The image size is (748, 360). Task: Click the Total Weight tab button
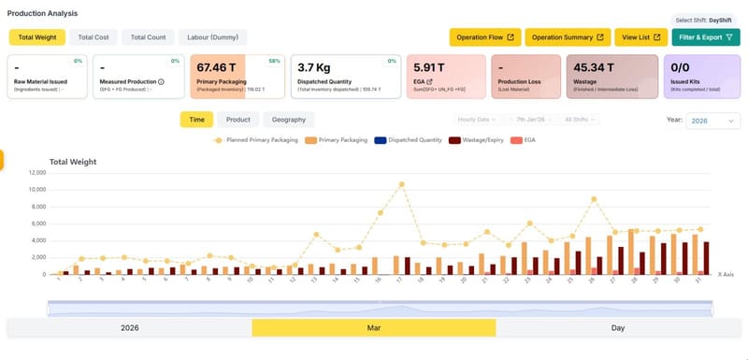(x=36, y=37)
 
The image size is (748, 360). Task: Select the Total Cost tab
(x=93, y=37)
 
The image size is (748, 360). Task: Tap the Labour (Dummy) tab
(x=212, y=37)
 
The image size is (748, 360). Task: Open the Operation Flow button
(x=484, y=37)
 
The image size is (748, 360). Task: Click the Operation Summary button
(x=568, y=37)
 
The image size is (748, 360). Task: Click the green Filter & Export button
(x=705, y=37)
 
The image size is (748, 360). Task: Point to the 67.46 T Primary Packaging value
(x=217, y=67)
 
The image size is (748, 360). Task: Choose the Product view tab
(x=238, y=120)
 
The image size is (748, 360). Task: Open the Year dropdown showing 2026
(x=712, y=120)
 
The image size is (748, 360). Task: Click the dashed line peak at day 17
(x=401, y=184)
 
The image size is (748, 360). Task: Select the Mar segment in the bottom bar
(x=373, y=328)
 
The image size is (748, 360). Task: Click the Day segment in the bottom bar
(x=617, y=328)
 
